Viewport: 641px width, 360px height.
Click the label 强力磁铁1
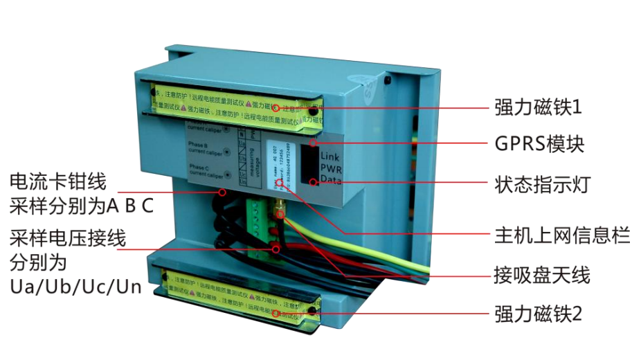(x=539, y=107)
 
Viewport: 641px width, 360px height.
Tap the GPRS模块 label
(x=539, y=144)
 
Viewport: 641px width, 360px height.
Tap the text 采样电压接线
(x=68, y=240)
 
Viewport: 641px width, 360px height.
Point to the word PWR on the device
(x=330, y=168)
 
